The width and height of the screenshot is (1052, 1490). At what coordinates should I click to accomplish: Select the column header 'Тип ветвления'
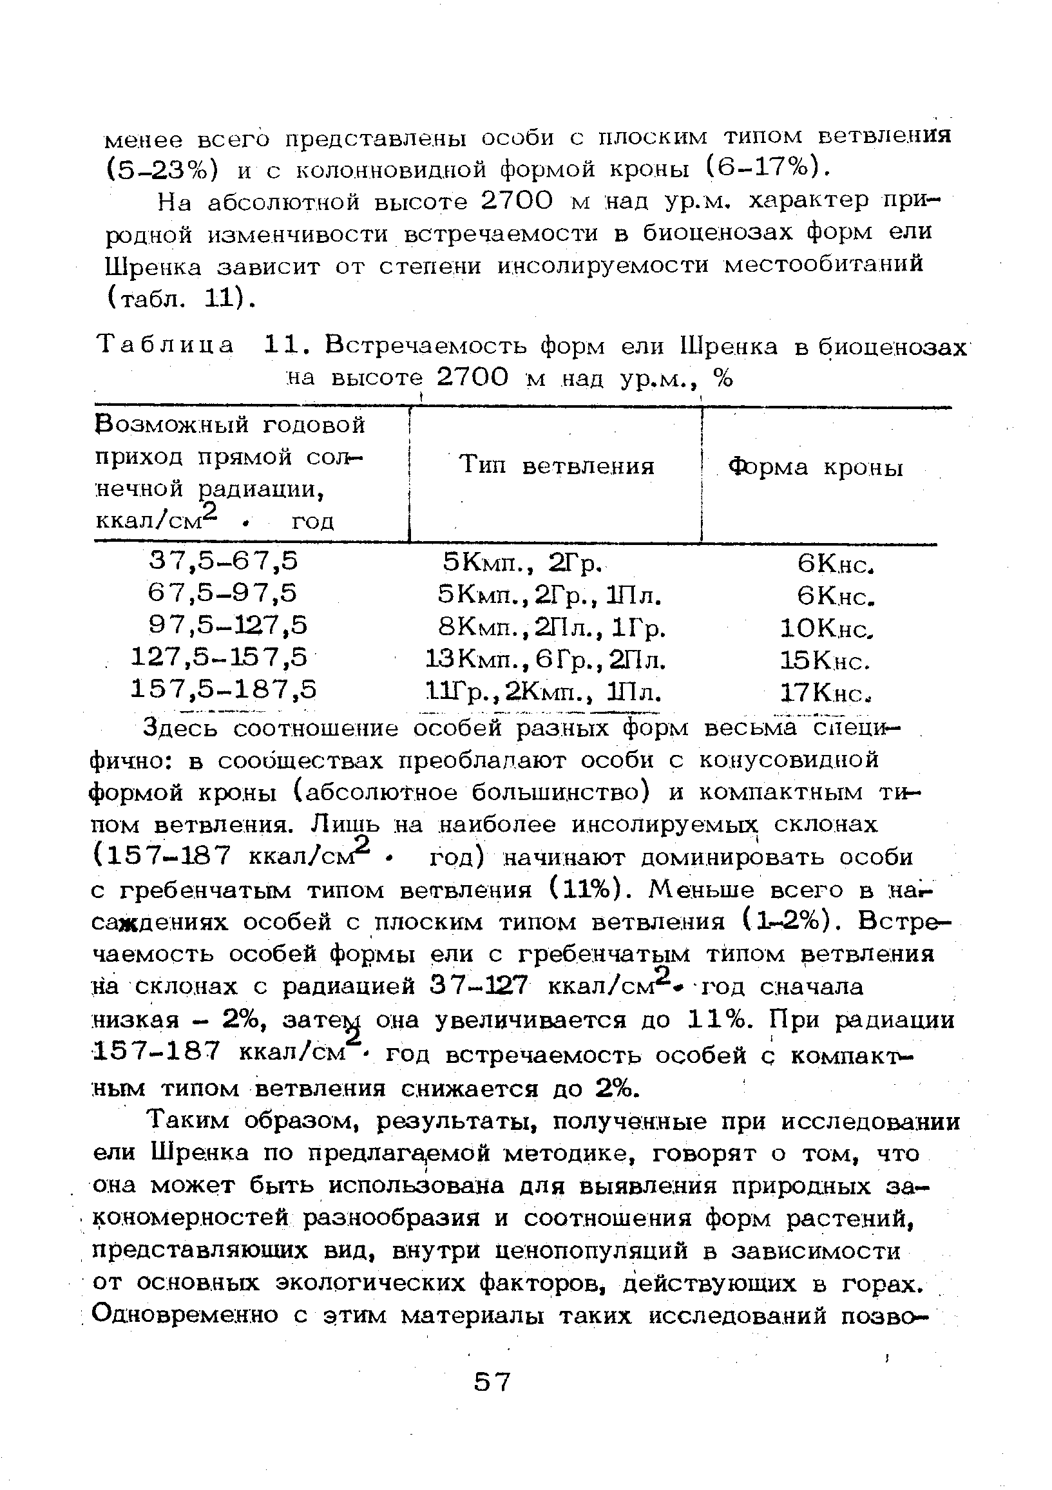(556, 466)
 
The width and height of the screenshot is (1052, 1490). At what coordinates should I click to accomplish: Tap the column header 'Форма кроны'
(815, 467)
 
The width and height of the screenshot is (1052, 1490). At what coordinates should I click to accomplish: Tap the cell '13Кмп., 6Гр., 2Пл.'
(544, 660)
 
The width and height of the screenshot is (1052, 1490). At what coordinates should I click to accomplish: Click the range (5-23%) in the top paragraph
(160, 169)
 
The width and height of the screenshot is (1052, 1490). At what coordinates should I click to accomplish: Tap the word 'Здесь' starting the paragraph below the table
(181, 729)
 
